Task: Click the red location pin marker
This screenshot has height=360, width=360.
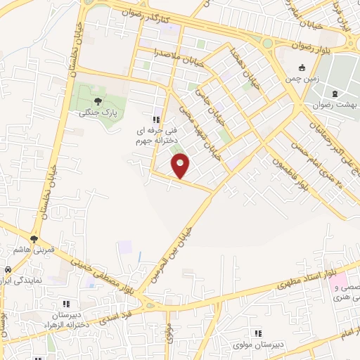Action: tap(181, 166)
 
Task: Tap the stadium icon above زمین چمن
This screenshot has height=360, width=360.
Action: tap(302, 68)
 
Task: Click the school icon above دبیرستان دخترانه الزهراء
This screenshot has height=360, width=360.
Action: tap(66, 304)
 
